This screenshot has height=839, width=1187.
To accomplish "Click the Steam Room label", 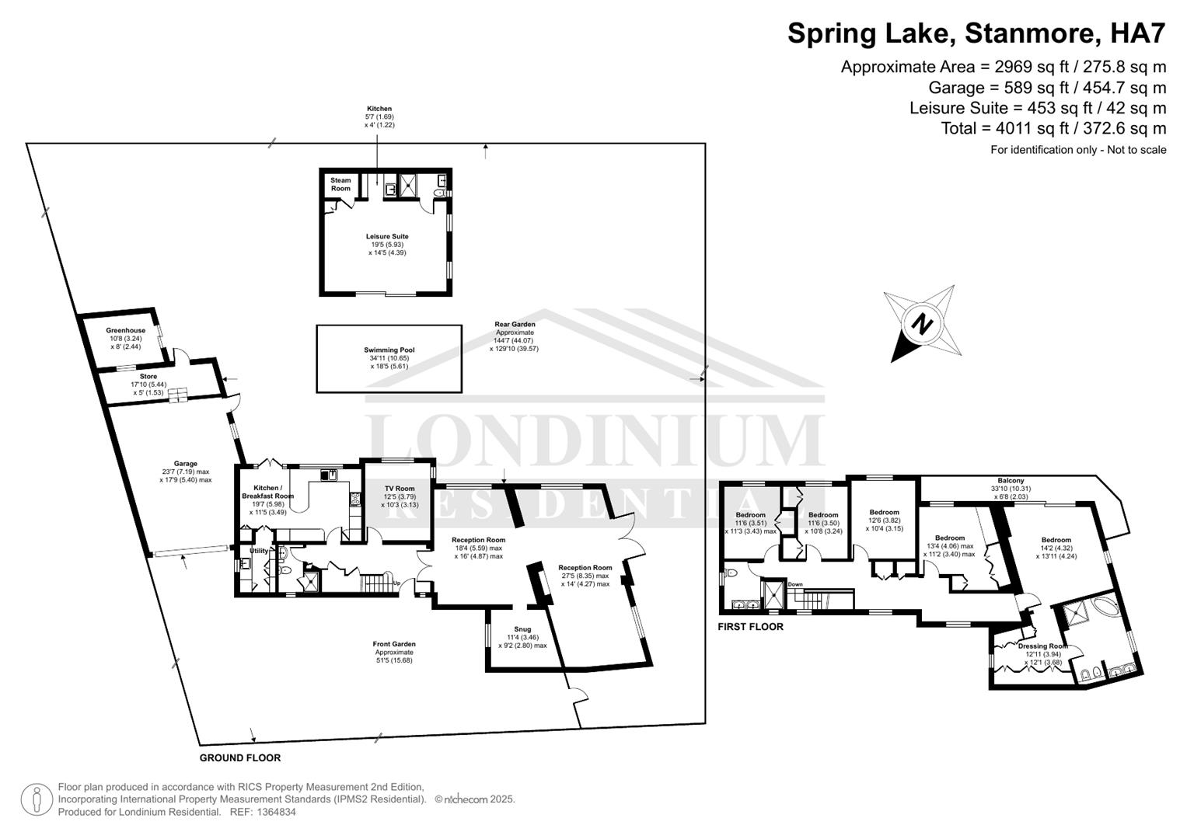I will click(340, 184).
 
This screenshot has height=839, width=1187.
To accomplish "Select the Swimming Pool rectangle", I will click(389, 359).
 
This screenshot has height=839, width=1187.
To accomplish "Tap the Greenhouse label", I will click(125, 330).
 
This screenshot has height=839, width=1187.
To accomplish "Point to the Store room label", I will click(148, 377).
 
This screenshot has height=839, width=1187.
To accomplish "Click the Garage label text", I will click(185, 464).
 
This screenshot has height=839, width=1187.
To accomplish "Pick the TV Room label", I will click(400, 489).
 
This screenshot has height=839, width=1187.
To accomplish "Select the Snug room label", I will click(522, 629).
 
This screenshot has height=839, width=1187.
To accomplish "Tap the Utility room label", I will click(258, 551).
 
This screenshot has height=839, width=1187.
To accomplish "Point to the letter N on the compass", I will click(922, 323).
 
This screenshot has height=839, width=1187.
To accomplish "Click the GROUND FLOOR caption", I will click(240, 757).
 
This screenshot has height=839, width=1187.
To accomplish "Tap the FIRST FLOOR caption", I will click(750, 626).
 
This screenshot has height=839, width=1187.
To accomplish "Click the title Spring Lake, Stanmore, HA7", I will click(976, 33).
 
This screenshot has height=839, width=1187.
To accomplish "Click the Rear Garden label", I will click(515, 324).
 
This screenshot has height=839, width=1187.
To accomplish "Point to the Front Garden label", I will click(394, 644).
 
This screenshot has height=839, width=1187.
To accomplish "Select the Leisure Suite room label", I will click(387, 236).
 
